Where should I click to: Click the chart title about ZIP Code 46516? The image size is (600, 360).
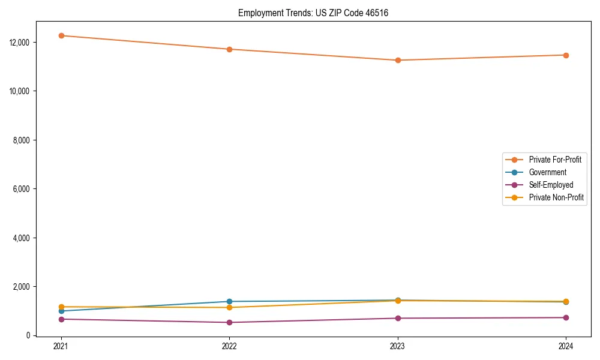313,13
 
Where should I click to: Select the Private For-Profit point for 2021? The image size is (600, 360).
61,35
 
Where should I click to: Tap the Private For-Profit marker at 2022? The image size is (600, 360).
229,49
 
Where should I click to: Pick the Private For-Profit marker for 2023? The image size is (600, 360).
398,60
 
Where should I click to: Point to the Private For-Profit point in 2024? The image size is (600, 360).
566,55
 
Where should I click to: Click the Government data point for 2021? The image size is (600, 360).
61,311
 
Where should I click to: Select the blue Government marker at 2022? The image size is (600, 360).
229,301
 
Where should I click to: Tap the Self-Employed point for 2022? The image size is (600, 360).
229,322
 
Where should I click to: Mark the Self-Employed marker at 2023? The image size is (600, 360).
398,318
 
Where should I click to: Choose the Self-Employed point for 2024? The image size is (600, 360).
566,317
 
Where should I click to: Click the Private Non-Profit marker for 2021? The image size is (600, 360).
61,307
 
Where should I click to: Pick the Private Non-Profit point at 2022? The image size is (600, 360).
229,307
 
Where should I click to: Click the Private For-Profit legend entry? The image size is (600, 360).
555,160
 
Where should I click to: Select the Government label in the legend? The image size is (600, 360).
547,172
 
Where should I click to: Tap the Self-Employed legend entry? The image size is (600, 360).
551,185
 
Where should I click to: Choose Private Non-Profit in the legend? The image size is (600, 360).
556,197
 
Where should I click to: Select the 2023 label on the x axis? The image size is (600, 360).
398,346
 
